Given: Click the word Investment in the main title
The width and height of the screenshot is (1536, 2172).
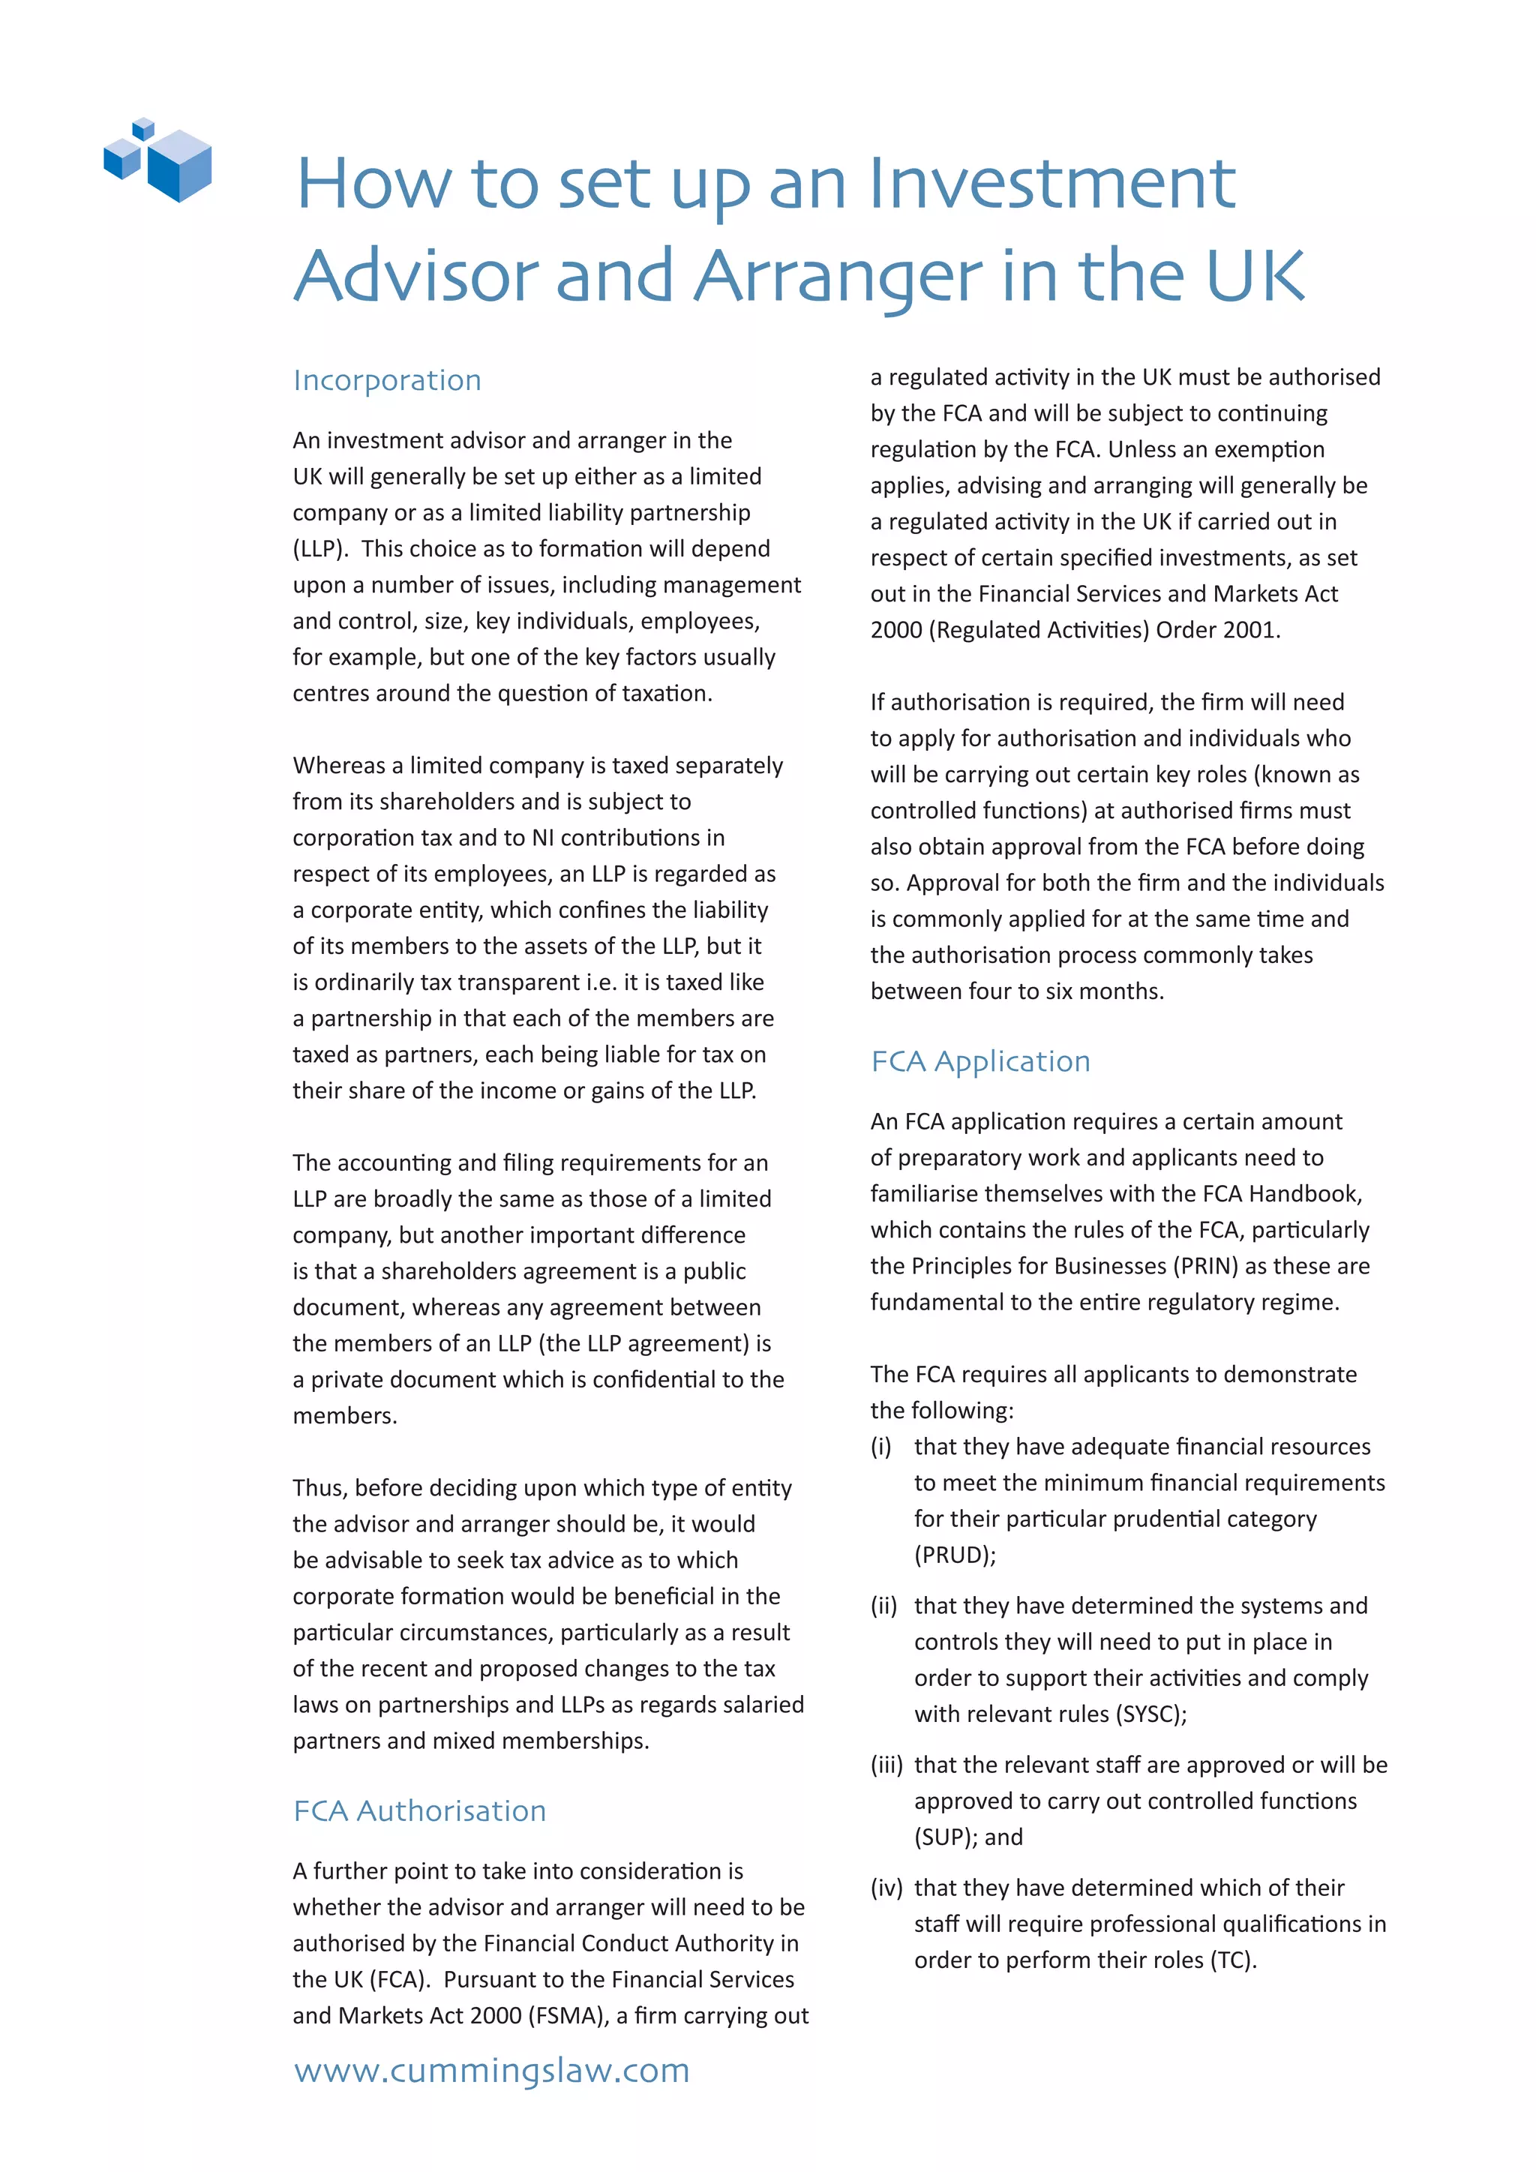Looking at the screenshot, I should pos(1051,184).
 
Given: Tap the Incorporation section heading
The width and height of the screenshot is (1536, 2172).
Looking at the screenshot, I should pos(387,380).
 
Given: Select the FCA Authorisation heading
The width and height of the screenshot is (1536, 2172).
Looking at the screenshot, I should pos(419,1810).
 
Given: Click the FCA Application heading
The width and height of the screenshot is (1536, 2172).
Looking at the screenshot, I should pos(979,1061).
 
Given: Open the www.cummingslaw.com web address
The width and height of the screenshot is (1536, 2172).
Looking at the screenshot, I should pos(491,2070).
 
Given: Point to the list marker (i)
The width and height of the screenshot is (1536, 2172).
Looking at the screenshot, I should pos(880,1447).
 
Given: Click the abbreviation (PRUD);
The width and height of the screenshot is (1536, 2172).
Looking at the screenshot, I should pos(954,1555).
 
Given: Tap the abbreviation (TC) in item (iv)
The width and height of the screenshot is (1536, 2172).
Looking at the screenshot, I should pos(1232,1960).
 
